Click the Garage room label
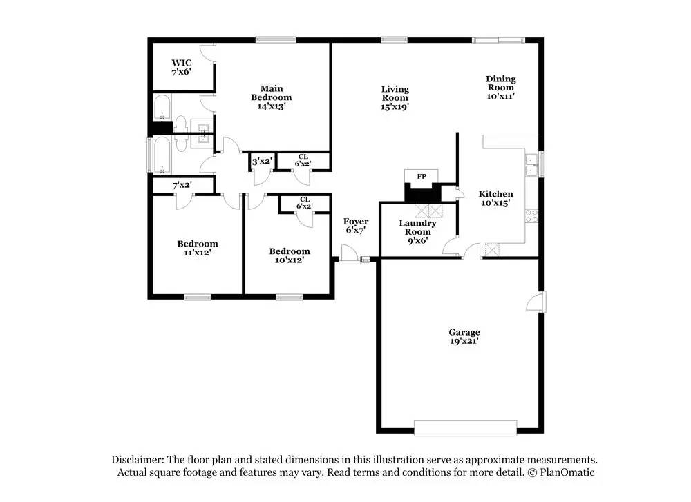coord(464,336)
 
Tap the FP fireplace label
coord(421,177)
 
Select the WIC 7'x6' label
coord(182,67)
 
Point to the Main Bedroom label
coord(271,97)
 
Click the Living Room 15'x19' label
coord(395,97)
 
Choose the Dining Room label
coord(501,88)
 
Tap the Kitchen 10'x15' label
coord(497,199)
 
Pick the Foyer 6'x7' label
coord(357,226)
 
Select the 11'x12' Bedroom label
coord(197,248)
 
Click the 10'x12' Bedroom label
coord(290,255)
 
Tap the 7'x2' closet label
coord(182,185)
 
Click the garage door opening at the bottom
coord(464,427)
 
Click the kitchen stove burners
coord(532,215)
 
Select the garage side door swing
coord(534,302)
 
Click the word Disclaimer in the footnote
coord(137,460)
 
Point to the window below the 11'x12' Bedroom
coord(198,298)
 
